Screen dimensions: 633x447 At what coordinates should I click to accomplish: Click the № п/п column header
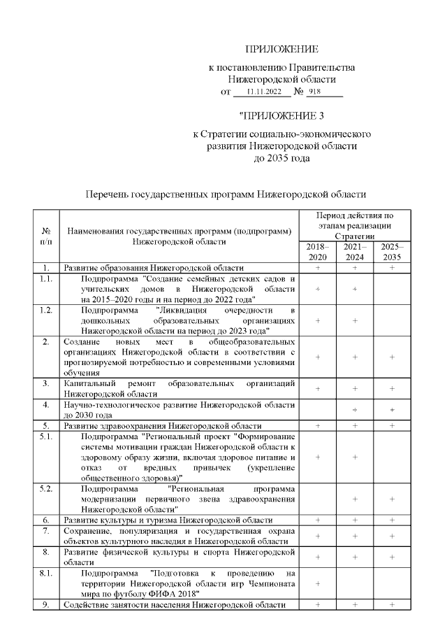(x=46, y=236)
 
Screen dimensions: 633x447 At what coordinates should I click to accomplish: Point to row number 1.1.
(x=46, y=278)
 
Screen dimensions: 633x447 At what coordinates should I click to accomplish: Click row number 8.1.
(x=46, y=574)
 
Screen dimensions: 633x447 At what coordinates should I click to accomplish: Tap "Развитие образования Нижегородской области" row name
(x=154, y=268)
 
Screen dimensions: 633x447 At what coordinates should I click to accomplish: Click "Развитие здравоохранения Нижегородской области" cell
(x=163, y=425)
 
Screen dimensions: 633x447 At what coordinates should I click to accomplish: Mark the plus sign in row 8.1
(x=317, y=583)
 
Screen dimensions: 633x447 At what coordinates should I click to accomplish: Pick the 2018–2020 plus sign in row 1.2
(x=317, y=320)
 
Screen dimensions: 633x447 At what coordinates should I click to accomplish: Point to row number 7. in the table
(x=46, y=532)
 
